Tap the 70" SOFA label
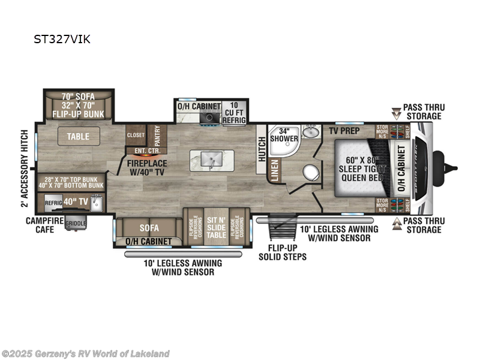(x=78, y=95)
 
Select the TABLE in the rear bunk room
(x=78, y=136)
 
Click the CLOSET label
(x=136, y=136)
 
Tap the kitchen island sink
(x=209, y=160)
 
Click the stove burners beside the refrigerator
(x=210, y=116)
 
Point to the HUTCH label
(x=262, y=149)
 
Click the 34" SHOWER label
(x=284, y=135)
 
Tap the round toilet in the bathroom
(x=310, y=172)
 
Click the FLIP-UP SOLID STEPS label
(x=282, y=253)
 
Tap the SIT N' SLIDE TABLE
(x=215, y=223)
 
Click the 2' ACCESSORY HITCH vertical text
(x=25, y=167)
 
